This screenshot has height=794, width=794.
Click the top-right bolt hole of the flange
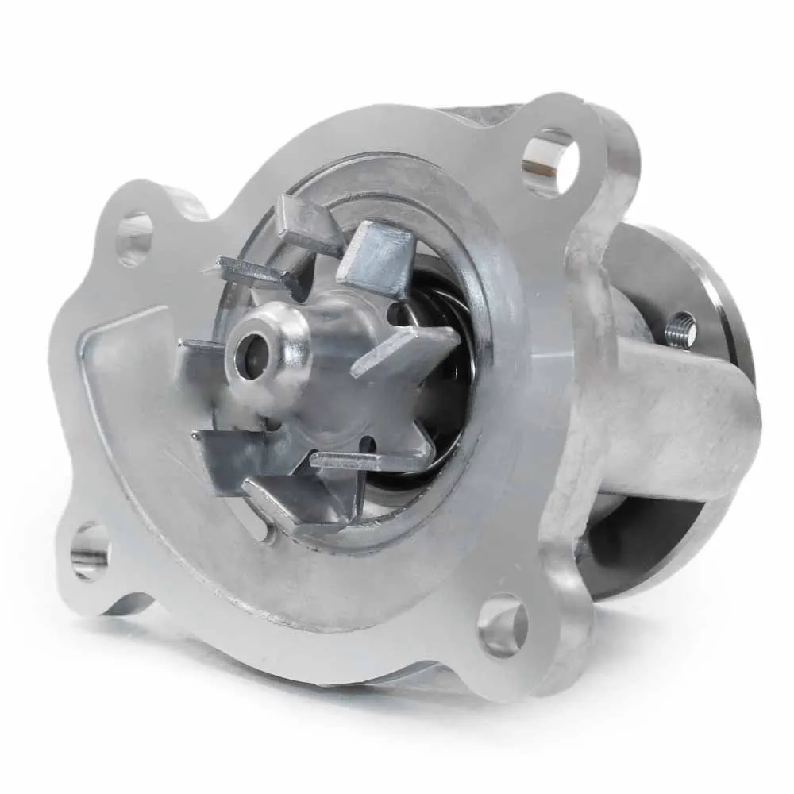[549, 158]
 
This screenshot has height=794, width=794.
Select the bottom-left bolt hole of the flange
[89, 549]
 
